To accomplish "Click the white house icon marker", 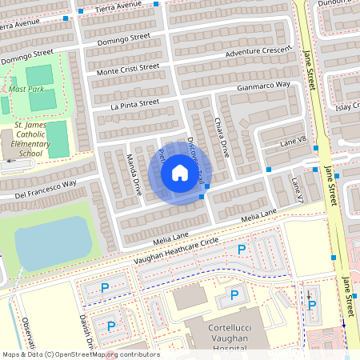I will [180, 173].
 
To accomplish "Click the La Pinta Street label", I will [135, 103].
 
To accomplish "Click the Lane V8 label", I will [293, 142].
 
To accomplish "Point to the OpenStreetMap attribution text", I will [80, 354].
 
